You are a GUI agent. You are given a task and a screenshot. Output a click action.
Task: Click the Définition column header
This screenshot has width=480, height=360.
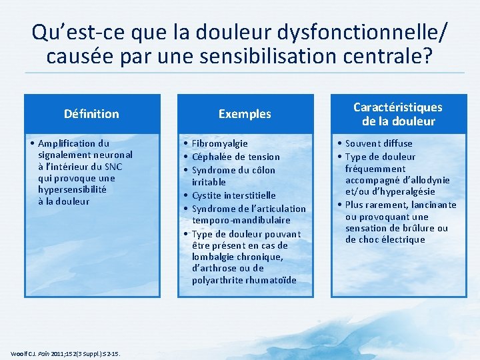(91, 114)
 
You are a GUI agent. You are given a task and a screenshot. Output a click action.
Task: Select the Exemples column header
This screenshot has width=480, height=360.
(245, 114)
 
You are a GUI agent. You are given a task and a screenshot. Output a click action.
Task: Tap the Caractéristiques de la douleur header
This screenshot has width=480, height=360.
(397, 114)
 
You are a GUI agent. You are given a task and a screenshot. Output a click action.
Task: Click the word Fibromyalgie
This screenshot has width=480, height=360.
(219, 143)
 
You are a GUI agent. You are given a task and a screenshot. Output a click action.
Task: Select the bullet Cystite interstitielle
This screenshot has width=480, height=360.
(233, 195)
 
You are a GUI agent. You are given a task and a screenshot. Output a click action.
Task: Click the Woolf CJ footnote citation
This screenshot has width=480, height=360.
(65, 353)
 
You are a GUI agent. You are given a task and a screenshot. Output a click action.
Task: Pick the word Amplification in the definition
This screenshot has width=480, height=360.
(67, 143)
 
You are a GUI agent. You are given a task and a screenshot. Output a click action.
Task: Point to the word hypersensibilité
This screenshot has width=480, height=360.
(72, 189)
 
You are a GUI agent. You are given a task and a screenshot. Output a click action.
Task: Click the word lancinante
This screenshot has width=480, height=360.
(435, 205)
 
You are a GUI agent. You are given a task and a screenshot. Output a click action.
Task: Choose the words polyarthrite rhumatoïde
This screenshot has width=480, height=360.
(244, 280)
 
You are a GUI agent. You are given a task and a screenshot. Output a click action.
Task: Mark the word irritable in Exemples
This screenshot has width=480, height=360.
(209, 182)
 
